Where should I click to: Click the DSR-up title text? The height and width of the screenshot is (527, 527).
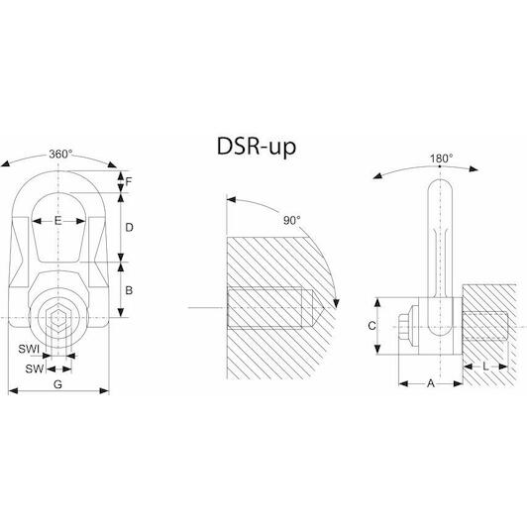[257, 147]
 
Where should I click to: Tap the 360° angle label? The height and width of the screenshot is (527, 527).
[60, 155]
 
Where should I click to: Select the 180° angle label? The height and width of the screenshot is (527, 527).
[441, 158]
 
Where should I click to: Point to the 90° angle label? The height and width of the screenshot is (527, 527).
[291, 221]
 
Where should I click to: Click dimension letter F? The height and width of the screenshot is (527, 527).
[129, 182]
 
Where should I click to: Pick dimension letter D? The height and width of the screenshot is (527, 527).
[129, 228]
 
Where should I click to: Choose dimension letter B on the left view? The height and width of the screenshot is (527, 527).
[129, 290]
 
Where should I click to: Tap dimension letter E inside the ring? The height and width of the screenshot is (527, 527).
[58, 221]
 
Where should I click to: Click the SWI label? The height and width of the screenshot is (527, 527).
[29, 349]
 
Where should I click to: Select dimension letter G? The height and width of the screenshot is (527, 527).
[57, 384]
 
